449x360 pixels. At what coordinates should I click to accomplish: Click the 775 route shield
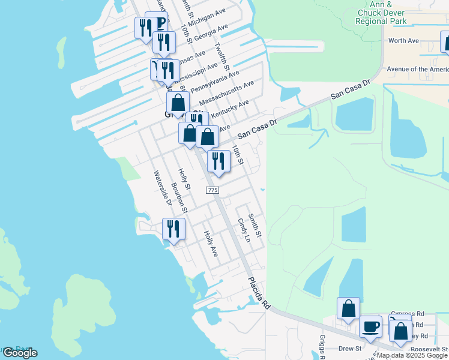coord(212,190)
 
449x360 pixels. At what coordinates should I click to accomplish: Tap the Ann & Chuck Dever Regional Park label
coord(381,13)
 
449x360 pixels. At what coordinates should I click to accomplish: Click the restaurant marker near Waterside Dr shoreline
coord(174,230)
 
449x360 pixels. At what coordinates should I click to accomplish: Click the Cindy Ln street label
coord(244,229)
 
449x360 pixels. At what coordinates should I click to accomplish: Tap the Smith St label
coord(255,225)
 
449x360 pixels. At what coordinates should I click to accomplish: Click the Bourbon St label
coord(179,198)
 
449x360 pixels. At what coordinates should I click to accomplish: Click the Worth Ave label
coord(403,41)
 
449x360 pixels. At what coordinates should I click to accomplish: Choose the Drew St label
coord(349,348)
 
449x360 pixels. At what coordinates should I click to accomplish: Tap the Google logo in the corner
coord(20,353)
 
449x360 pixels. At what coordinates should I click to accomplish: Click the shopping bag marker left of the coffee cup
coord(348,308)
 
